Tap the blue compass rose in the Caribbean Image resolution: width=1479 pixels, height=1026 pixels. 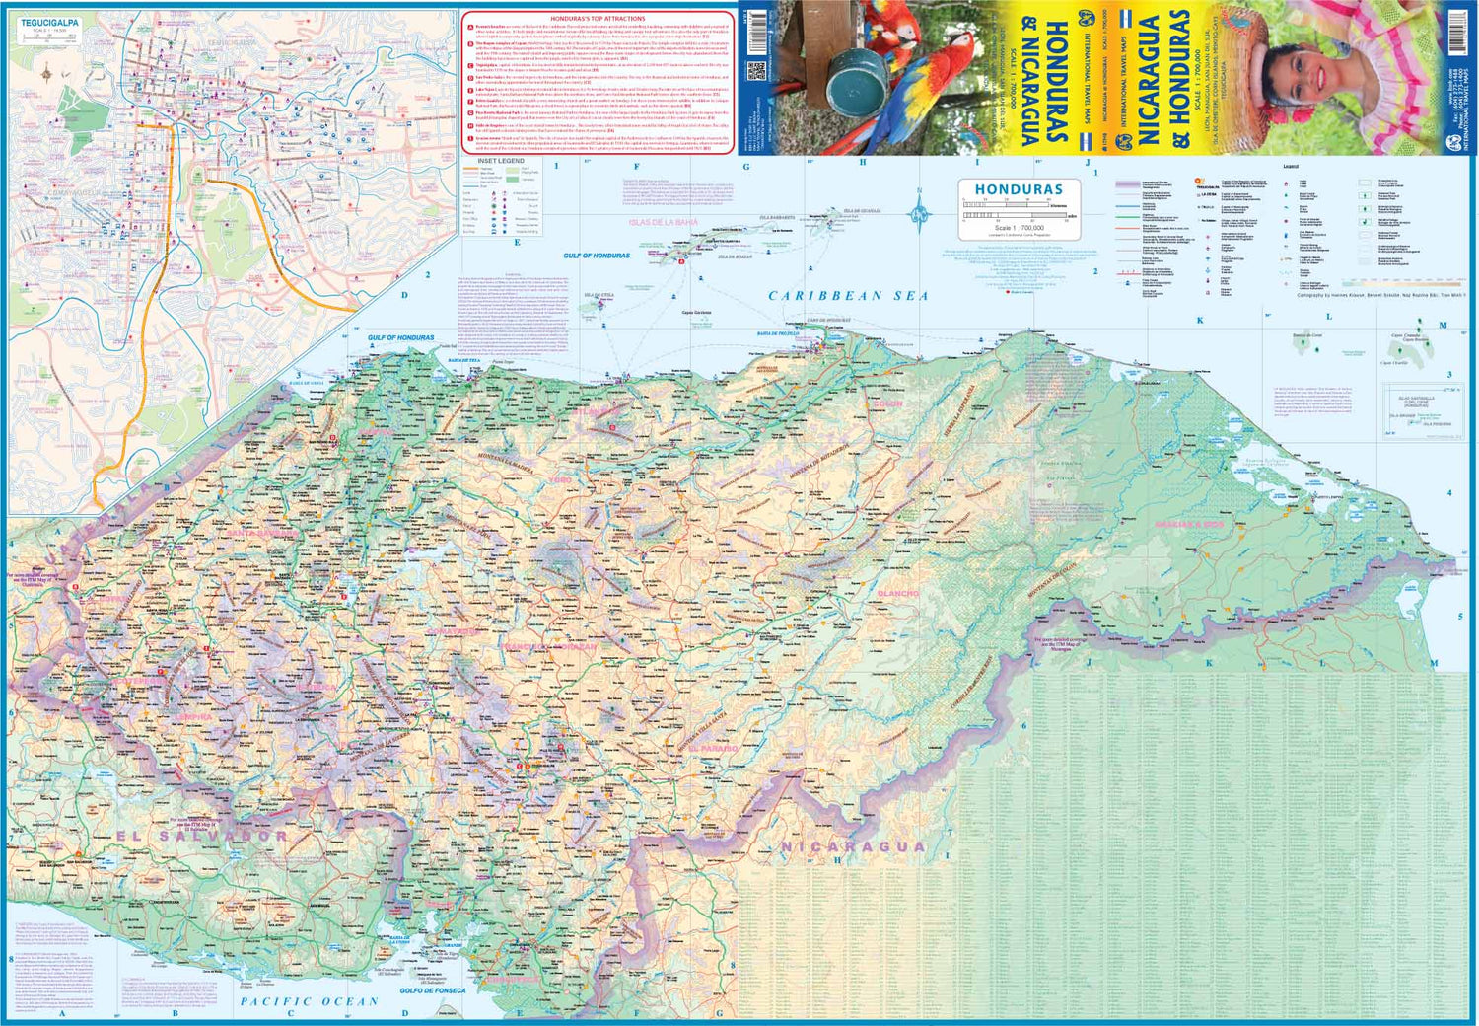point(919,212)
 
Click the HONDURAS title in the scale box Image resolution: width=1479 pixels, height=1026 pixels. point(1019,189)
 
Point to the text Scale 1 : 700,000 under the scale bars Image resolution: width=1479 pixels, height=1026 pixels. point(1019,228)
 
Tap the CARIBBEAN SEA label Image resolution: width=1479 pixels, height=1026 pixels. point(848,295)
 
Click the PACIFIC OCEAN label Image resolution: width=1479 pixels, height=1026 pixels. point(309,1001)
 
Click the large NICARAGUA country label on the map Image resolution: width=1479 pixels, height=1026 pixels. point(853,846)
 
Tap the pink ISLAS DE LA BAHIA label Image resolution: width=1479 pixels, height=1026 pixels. point(663,222)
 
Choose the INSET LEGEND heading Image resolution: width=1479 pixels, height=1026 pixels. point(501,161)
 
